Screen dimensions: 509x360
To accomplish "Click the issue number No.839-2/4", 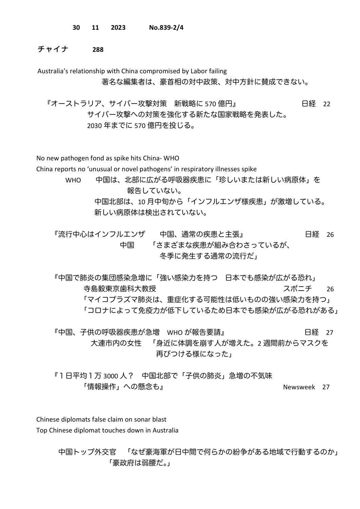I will click(x=166, y=27).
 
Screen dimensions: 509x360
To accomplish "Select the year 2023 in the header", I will click(x=118, y=27).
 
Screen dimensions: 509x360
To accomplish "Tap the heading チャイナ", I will click(x=53, y=49).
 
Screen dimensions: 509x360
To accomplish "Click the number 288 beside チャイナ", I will click(x=98, y=50).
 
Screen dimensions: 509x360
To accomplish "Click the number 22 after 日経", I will click(x=326, y=104).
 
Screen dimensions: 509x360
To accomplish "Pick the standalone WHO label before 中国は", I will click(x=73, y=180).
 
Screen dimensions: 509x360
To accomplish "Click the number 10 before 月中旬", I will click(x=141, y=202).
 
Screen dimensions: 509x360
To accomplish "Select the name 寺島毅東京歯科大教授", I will click(x=120, y=289).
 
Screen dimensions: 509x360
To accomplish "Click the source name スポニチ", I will click(x=298, y=289).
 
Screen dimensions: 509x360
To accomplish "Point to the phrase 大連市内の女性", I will click(x=116, y=343).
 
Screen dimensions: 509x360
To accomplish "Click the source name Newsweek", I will click(x=299, y=387).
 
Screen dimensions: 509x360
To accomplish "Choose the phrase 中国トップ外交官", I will click(x=87, y=452).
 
